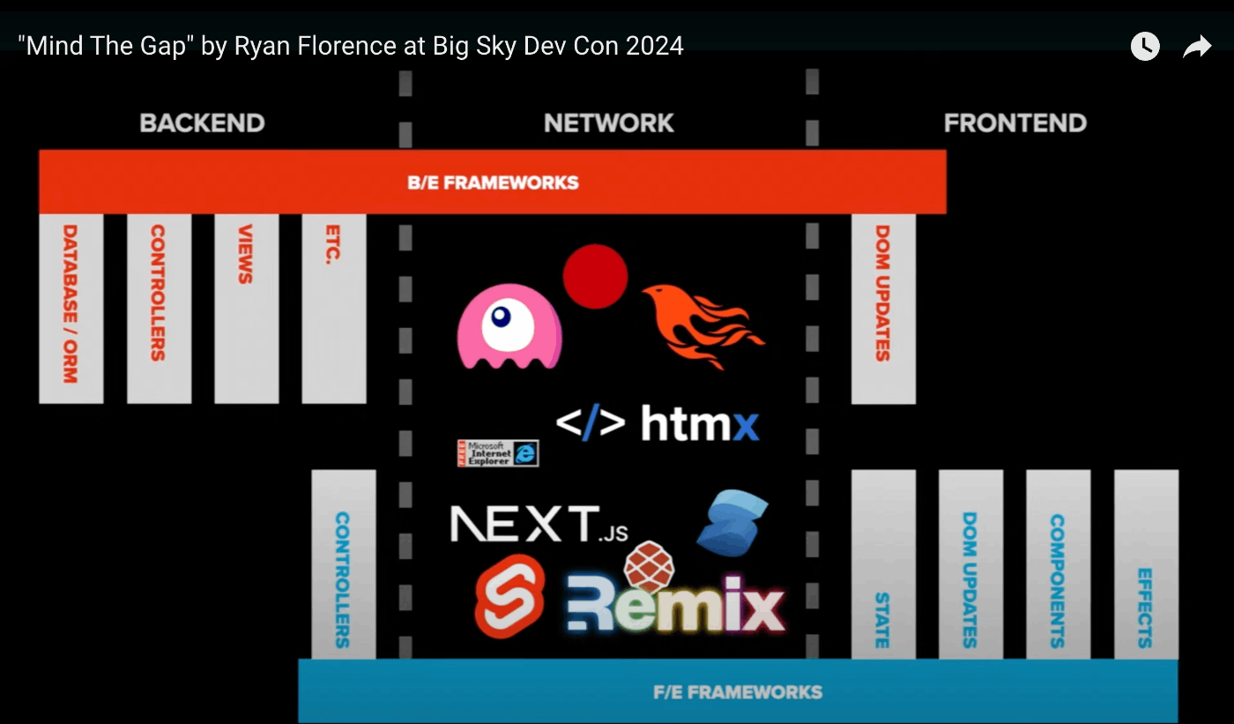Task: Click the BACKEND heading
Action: point(202,123)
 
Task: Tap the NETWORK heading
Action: point(609,123)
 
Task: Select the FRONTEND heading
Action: point(1015,123)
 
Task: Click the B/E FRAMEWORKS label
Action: point(493,183)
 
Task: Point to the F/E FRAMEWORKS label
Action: point(738,692)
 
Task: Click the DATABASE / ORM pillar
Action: point(71,309)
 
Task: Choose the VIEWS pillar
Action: point(246,309)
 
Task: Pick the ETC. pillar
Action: point(334,309)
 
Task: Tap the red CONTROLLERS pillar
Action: point(160,309)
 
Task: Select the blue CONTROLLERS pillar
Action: point(344,564)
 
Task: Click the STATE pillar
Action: point(883,564)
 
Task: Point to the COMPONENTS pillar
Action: point(1059,564)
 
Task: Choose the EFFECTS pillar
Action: point(1147,564)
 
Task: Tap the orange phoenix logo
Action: point(703,326)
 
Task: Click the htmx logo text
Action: point(700,423)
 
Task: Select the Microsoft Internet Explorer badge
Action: point(498,453)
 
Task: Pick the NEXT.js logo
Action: point(539,524)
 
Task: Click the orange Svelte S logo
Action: point(510,597)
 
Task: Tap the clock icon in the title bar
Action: point(1145,46)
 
